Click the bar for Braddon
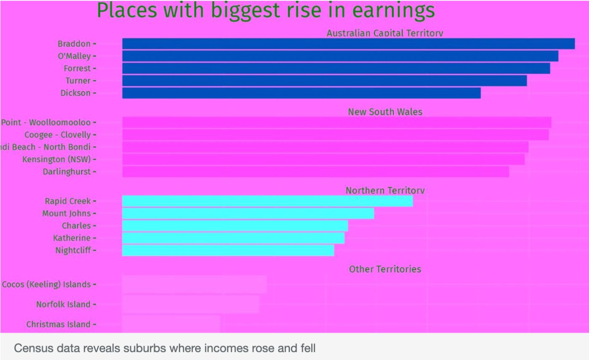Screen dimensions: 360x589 click(x=348, y=44)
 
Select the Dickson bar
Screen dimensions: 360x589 click(x=301, y=93)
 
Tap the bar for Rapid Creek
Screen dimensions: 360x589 click(x=268, y=201)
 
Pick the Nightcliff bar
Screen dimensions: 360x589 click(x=228, y=250)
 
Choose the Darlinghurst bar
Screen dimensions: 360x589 click(x=316, y=172)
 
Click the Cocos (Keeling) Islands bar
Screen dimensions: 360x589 click(x=194, y=284)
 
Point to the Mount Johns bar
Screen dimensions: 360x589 click(x=248, y=213)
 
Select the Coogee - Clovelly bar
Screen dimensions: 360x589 click(x=335, y=135)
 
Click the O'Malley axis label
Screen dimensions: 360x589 click(x=74, y=56)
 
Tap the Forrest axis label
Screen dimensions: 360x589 click(x=77, y=68)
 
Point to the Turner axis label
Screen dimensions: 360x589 click(x=78, y=80)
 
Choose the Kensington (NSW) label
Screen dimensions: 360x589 click(x=56, y=159)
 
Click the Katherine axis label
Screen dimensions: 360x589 click(x=72, y=238)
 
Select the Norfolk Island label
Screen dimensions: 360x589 click(x=63, y=304)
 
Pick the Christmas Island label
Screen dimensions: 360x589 click(x=58, y=324)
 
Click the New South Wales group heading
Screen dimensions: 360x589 click(x=385, y=112)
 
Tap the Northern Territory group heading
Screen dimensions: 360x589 click(x=385, y=191)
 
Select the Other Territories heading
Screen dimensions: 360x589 click(x=385, y=269)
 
